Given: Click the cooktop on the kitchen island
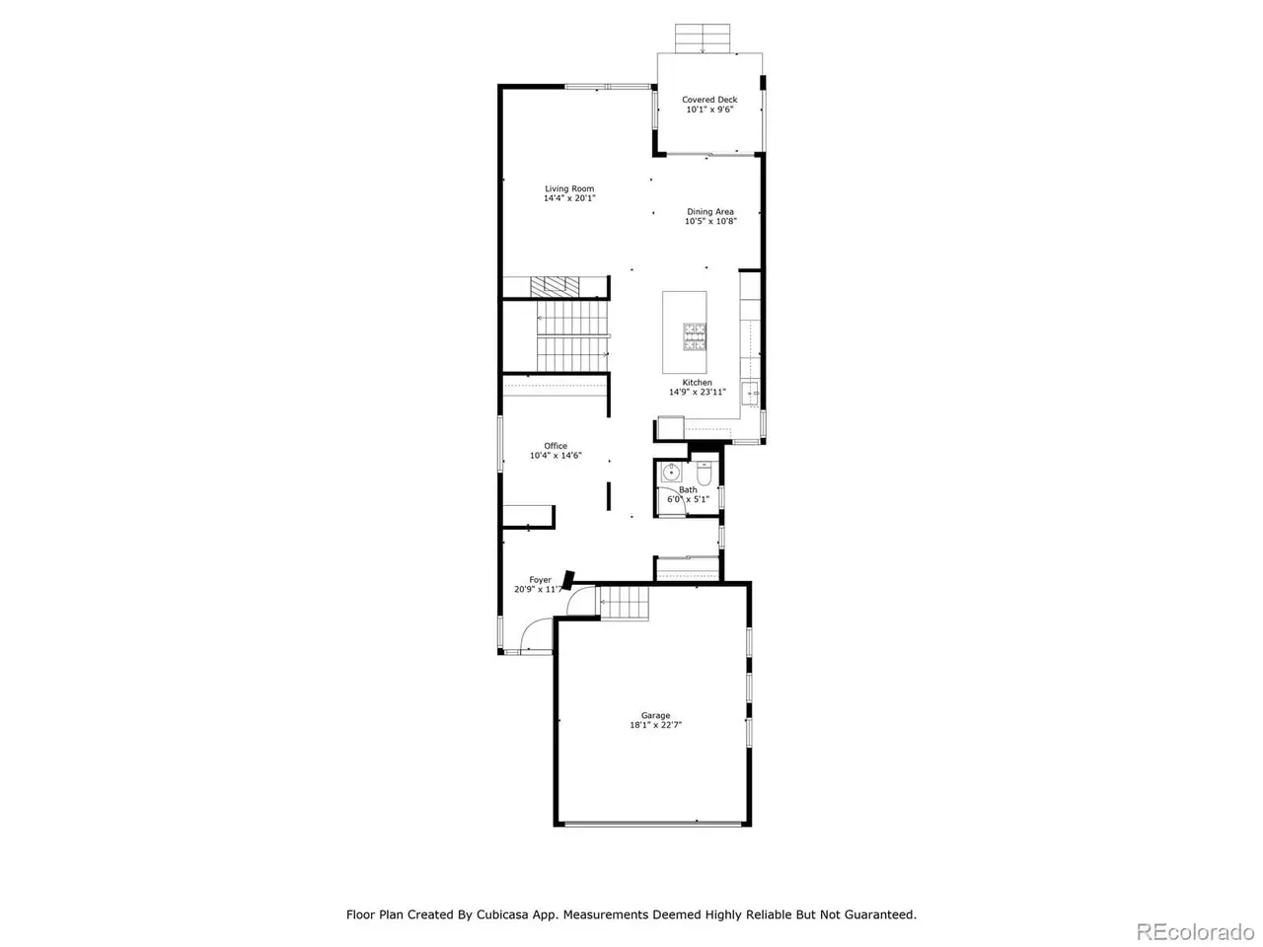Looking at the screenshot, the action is pyautogui.click(x=695, y=337).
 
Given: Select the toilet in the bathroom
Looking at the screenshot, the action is pyautogui.click(x=705, y=473).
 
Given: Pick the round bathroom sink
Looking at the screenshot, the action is pyautogui.click(x=671, y=473).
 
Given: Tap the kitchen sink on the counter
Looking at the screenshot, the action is pyautogui.click(x=750, y=394).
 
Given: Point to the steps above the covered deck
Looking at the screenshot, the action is pyautogui.click(x=702, y=38).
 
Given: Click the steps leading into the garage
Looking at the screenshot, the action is pyautogui.click(x=625, y=603).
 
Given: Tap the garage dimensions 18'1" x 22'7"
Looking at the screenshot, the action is pyautogui.click(x=655, y=725).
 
